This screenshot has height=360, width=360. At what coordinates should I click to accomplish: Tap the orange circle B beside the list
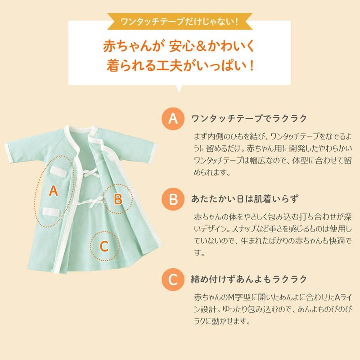pyautogui.click(x=173, y=198)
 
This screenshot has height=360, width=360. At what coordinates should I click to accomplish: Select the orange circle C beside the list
pyautogui.click(x=173, y=279)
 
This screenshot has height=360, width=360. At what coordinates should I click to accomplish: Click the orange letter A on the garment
pyautogui.click(x=54, y=191)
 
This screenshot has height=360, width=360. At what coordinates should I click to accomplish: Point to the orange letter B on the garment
pyautogui.click(x=118, y=198)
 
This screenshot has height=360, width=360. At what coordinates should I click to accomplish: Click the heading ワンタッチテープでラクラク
pyautogui.click(x=249, y=119)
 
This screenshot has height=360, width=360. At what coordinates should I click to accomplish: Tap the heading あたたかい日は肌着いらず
pyautogui.click(x=245, y=198)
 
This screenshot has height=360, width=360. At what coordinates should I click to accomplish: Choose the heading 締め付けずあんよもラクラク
pyautogui.click(x=249, y=279)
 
